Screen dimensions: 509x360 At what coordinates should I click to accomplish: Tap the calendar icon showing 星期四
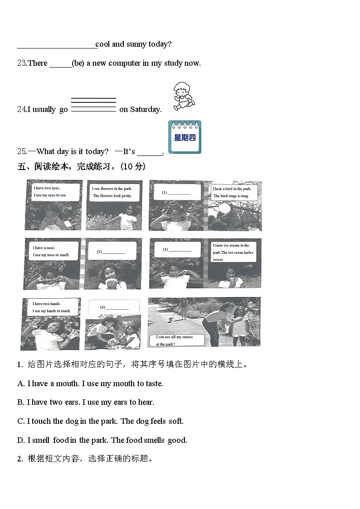[x=185, y=137]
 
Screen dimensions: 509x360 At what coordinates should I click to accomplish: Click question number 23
[x=22, y=63]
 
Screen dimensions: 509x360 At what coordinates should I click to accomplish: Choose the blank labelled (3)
[x=180, y=249]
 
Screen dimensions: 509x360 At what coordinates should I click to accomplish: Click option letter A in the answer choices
[x=21, y=383]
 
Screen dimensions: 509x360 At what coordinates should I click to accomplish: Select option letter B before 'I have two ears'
[x=21, y=402]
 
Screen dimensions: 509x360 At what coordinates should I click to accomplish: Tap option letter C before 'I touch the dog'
[x=21, y=421]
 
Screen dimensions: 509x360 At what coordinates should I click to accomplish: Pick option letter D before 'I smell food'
[x=21, y=440]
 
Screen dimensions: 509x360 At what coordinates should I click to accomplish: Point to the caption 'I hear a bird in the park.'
[x=232, y=189]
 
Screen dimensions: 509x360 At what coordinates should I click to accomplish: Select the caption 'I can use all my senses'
[x=175, y=337]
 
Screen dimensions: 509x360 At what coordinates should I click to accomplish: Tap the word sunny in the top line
[x=136, y=44]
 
